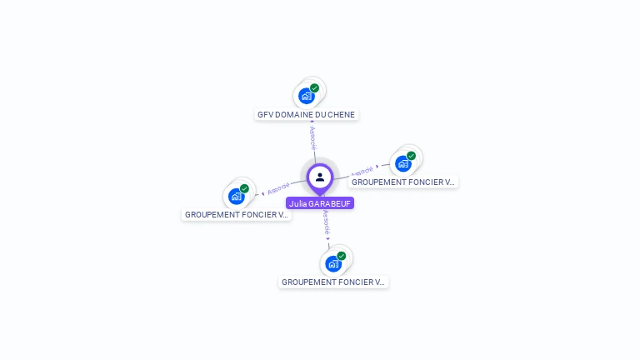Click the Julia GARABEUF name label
(320, 203)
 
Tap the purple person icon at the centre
(320, 177)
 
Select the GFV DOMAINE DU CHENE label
(307, 114)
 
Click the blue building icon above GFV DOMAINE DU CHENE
(307, 96)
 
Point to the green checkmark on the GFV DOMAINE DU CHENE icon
(314, 87)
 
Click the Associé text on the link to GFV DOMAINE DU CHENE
(312, 138)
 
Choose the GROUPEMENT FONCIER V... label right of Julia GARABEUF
(403, 182)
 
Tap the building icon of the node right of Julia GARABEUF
(403, 163)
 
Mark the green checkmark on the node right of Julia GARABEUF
(411, 156)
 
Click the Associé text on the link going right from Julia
(362, 172)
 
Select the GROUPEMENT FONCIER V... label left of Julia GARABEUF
(237, 214)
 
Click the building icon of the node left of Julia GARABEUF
(237, 197)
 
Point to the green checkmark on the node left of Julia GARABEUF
(244, 188)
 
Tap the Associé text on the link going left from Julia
(278, 187)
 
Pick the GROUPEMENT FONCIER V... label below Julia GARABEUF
(333, 282)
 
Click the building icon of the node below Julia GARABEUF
(333, 264)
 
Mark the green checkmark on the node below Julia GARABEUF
(341, 256)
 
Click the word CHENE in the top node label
(341, 114)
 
